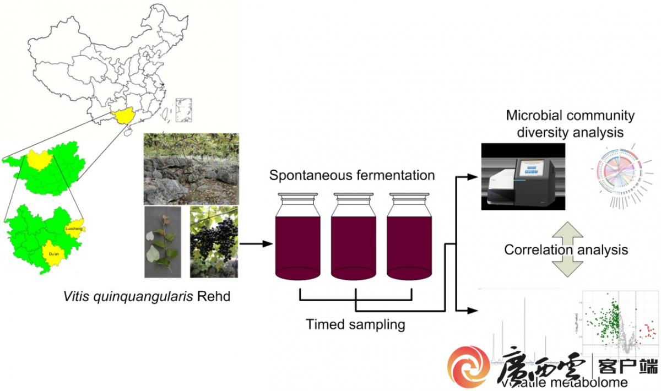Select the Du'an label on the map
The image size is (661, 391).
[53, 254]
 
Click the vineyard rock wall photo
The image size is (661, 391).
[191, 169]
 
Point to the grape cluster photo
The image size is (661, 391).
[214, 241]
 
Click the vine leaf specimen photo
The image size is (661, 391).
[162, 241]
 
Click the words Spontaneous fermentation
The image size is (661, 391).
[352, 176]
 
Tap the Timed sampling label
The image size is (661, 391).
[355, 324]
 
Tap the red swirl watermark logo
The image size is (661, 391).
[468, 366]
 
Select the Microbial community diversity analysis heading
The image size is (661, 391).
[570, 124]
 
